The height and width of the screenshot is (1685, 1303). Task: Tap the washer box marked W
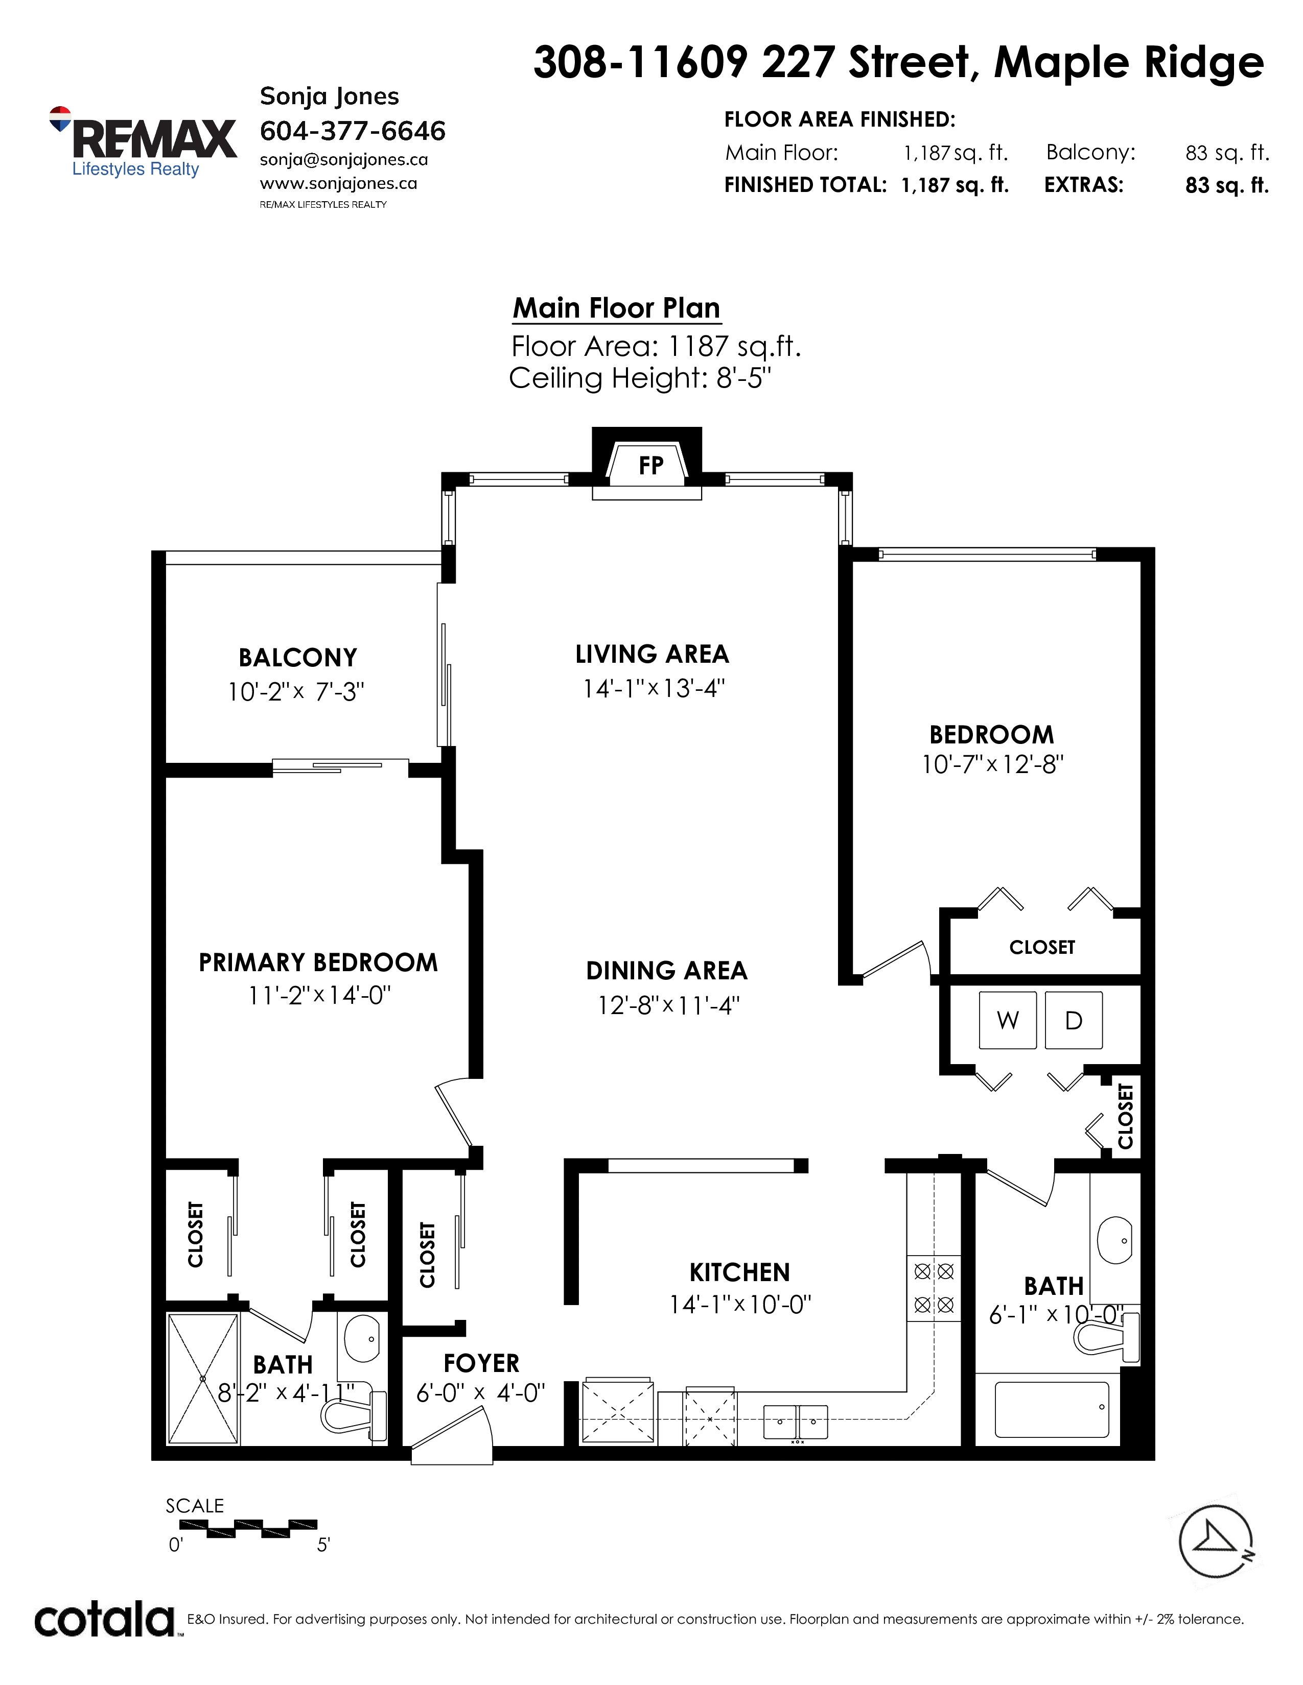point(1007,1020)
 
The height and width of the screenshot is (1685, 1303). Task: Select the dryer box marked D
point(1074,1020)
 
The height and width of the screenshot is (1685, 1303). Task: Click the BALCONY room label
point(298,657)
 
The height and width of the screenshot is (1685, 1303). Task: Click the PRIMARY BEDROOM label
point(318,962)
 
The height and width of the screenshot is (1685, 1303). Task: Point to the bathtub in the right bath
point(1052,1410)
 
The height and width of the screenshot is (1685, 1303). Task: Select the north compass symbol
point(1216,1542)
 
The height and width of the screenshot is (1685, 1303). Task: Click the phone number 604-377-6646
point(353,131)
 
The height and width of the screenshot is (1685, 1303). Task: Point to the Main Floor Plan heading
point(617,308)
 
